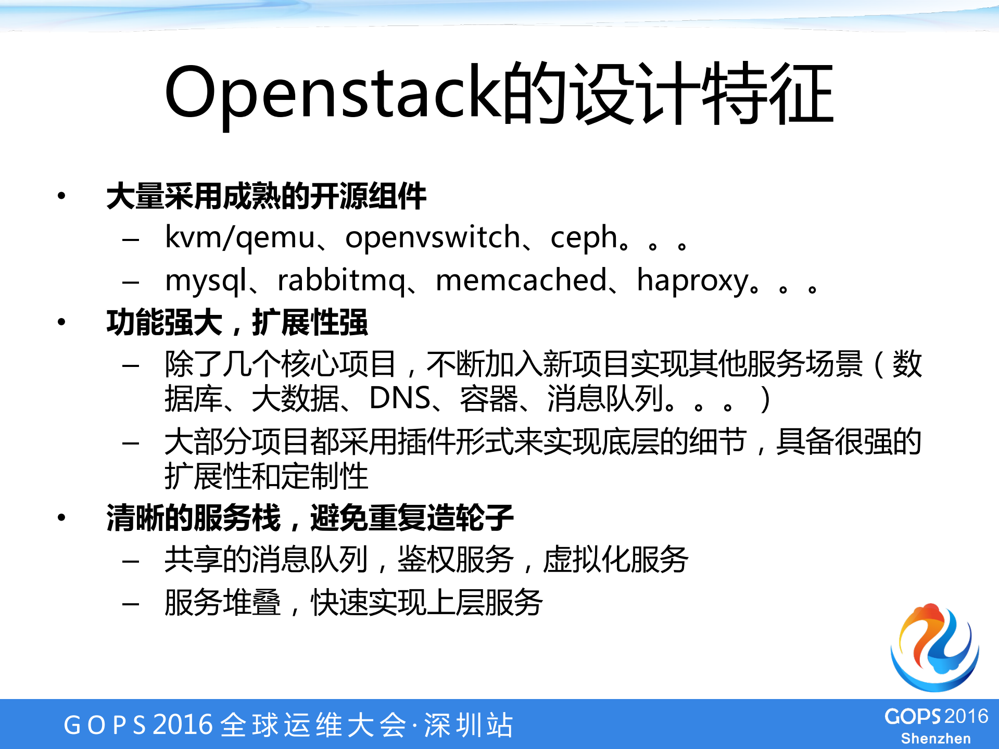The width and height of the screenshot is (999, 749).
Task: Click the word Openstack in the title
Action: point(333,94)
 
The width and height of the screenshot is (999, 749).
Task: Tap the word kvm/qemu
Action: point(240,238)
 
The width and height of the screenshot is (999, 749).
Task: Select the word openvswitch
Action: point(433,238)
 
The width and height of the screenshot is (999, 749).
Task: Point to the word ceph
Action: point(584,239)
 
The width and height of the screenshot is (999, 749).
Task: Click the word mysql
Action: point(206,282)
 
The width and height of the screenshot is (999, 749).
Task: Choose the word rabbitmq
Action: point(341,282)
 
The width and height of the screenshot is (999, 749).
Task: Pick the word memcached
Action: point(521,281)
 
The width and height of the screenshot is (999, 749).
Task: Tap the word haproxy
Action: point(692,282)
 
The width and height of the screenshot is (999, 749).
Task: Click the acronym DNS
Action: point(400,399)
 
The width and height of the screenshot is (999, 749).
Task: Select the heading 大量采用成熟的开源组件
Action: point(266,197)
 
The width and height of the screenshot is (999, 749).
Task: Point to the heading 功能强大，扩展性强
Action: point(237,323)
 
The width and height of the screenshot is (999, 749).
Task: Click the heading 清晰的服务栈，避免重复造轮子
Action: point(310,518)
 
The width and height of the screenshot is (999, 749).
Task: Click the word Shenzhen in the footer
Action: point(935,739)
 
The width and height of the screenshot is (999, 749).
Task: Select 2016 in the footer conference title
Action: point(183,725)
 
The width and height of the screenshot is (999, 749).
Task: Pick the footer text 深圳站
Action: point(469,725)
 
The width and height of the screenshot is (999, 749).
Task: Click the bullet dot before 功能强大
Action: point(61,322)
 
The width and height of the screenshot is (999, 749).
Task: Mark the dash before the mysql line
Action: point(130,283)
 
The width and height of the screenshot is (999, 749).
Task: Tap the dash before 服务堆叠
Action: point(130,604)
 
